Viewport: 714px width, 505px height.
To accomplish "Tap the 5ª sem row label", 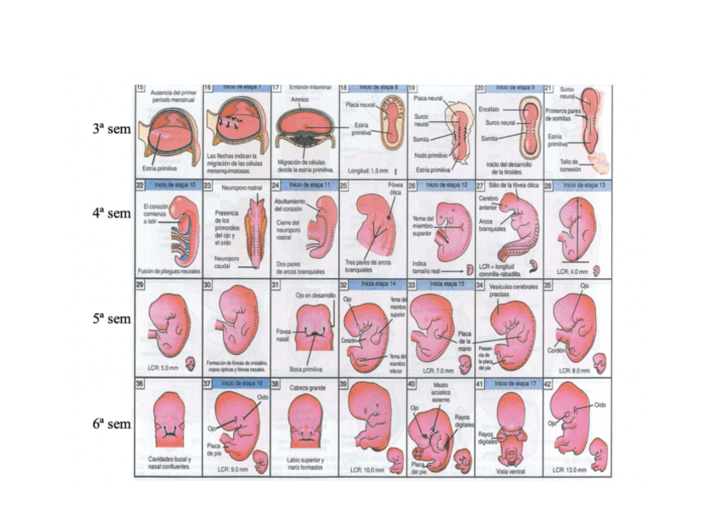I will coord(111,320).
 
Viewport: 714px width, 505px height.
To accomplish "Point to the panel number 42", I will coord(548,384).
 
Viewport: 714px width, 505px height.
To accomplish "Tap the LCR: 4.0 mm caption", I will coord(573,271).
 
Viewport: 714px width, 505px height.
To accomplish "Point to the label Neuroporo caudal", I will coord(230,262).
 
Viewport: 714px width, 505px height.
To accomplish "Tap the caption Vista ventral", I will coord(510,471).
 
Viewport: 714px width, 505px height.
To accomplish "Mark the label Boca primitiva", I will coord(306,368).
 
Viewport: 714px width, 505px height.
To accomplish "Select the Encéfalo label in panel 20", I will coord(489,110).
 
